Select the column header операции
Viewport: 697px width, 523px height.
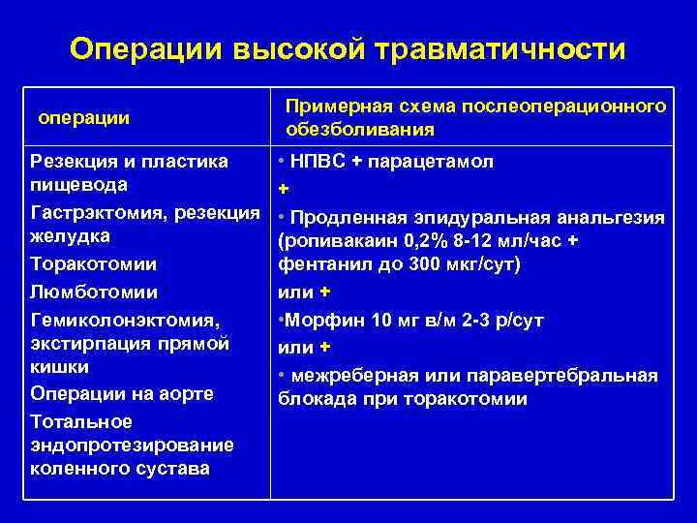tap(83, 117)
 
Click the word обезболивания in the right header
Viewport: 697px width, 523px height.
tap(360, 130)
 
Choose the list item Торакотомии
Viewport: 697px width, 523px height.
tap(94, 263)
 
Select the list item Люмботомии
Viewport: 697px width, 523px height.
tap(94, 291)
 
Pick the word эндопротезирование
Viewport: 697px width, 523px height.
tap(132, 446)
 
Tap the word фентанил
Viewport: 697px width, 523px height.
tap(321, 265)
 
